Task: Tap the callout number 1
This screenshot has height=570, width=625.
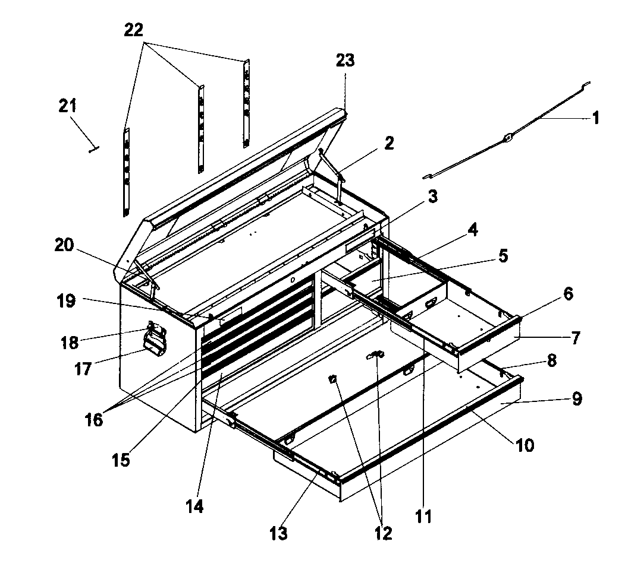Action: pos(595,118)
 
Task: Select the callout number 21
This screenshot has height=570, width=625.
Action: pos(67,106)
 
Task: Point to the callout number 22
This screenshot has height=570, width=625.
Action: pos(134,30)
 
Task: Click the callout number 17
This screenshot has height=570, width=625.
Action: pos(83,369)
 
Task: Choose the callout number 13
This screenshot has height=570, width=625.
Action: pos(278,533)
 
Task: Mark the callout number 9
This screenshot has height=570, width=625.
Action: pos(576,399)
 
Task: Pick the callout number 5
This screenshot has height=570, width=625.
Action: pos(502,256)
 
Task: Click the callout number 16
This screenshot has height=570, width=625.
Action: pos(94,420)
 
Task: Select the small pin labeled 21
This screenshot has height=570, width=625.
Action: pos(93,150)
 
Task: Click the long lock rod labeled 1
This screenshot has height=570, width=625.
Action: pos(505,139)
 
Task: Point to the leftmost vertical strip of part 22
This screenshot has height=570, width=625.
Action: pos(126,172)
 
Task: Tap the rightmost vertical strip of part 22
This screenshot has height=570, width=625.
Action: pos(246,104)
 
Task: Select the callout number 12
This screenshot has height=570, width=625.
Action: pos(383,533)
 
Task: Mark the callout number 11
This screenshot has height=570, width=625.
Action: pos(423,516)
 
